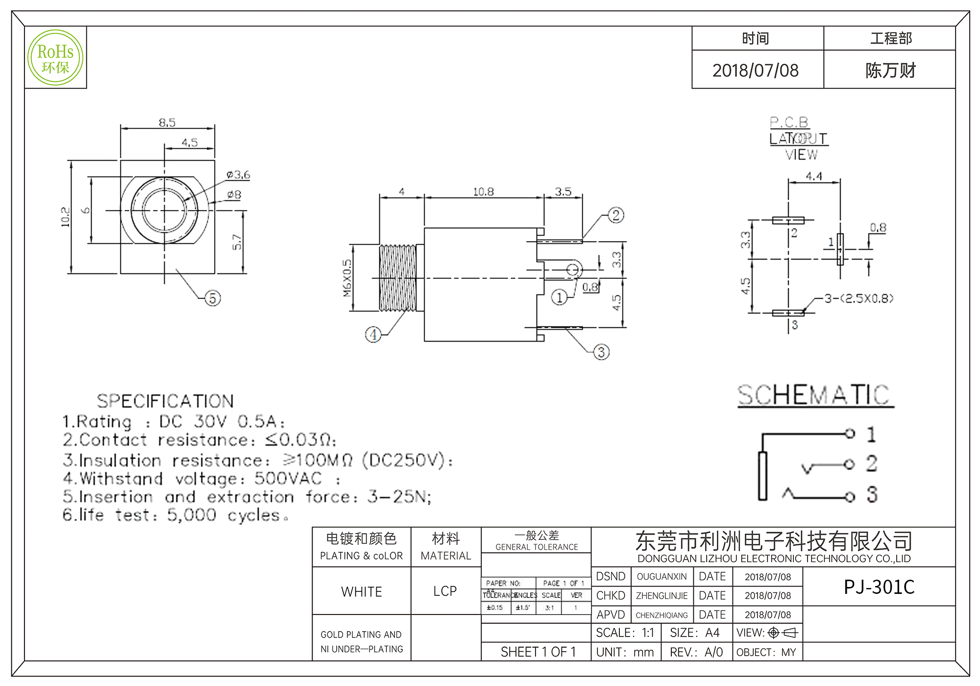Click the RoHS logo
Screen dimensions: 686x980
click(55, 58)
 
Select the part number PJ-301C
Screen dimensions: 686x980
click(879, 587)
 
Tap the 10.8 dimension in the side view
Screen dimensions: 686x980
click(483, 192)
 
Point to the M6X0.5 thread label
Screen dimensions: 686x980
click(347, 278)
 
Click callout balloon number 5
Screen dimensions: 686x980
click(212, 298)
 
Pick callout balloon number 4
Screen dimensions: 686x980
click(373, 335)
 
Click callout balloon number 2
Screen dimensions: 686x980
click(616, 215)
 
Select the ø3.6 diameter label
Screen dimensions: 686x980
click(238, 175)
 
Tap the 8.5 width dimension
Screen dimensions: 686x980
click(167, 122)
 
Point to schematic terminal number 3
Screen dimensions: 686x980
click(871, 494)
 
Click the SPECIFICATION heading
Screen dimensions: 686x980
click(165, 401)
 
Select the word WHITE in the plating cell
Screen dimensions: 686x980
click(362, 592)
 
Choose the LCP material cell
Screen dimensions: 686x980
click(445, 591)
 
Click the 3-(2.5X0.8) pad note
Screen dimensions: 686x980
click(859, 298)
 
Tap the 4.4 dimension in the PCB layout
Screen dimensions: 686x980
click(814, 176)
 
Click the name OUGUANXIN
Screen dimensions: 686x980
click(661, 577)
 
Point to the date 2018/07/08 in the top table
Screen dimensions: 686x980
click(755, 71)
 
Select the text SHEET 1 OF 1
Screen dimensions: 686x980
click(538, 652)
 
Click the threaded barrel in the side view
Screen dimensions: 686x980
click(398, 278)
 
